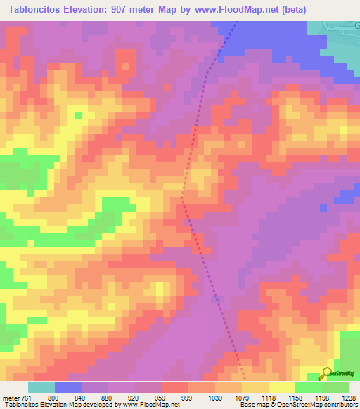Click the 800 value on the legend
click(x=53, y=397)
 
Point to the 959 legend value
click(x=161, y=397)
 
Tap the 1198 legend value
click(x=322, y=397)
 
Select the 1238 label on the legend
click(x=348, y=397)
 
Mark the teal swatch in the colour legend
click(x=41, y=387)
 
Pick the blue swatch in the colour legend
click(x=68, y=387)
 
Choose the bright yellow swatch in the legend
click(x=282, y=387)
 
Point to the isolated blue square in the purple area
click(x=323, y=208)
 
